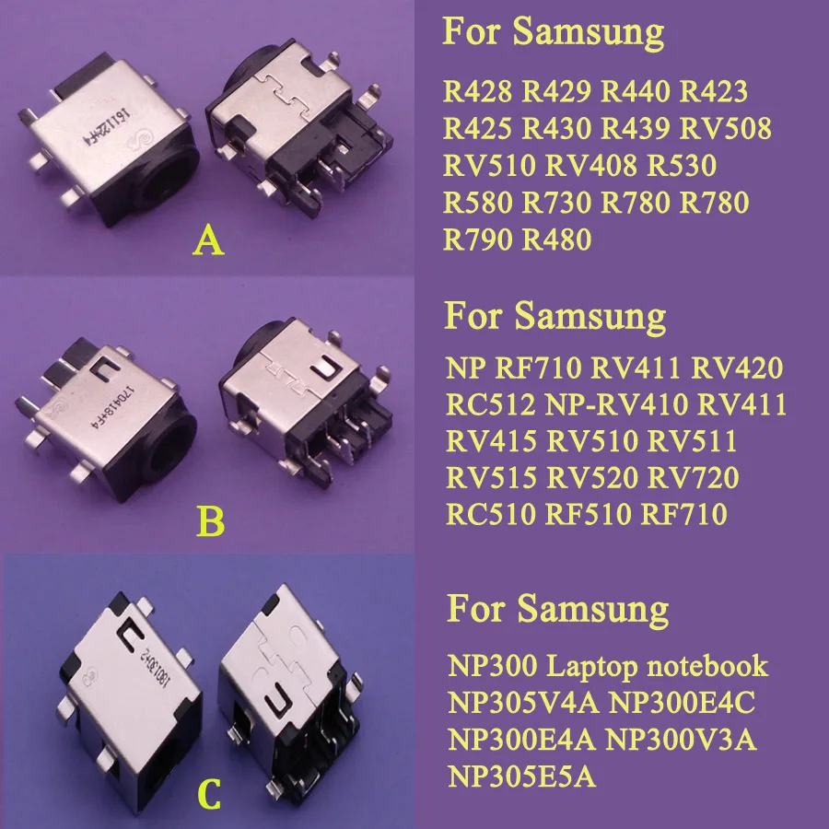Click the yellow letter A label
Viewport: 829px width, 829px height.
pyautogui.click(x=210, y=241)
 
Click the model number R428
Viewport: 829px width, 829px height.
pyautogui.click(x=478, y=92)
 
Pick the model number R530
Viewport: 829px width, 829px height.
pyautogui.click(x=683, y=166)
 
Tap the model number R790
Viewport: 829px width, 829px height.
pyautogui.click(x=478, y=240)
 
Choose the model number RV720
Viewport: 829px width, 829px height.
pyautogui.click(x=694, y=477)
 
